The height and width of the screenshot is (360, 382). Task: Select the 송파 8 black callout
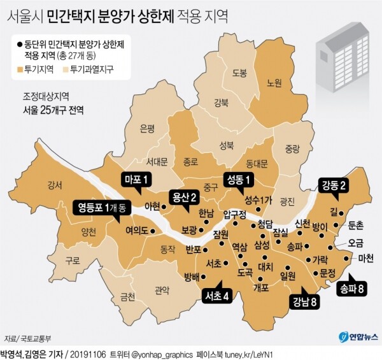click(352, 289)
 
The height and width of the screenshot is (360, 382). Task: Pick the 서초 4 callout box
click(216, 296)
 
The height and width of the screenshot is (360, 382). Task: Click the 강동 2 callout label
click(334, 186)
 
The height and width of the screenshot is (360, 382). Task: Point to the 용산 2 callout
click(182, 198)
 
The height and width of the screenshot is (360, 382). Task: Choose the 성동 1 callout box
click(238, 180)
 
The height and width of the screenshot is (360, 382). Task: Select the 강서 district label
click(55, 185)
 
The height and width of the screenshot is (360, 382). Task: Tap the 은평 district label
click(147, 127)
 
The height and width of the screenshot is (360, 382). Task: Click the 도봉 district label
click(239, 73)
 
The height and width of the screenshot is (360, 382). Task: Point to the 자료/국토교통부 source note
click(28, 338)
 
